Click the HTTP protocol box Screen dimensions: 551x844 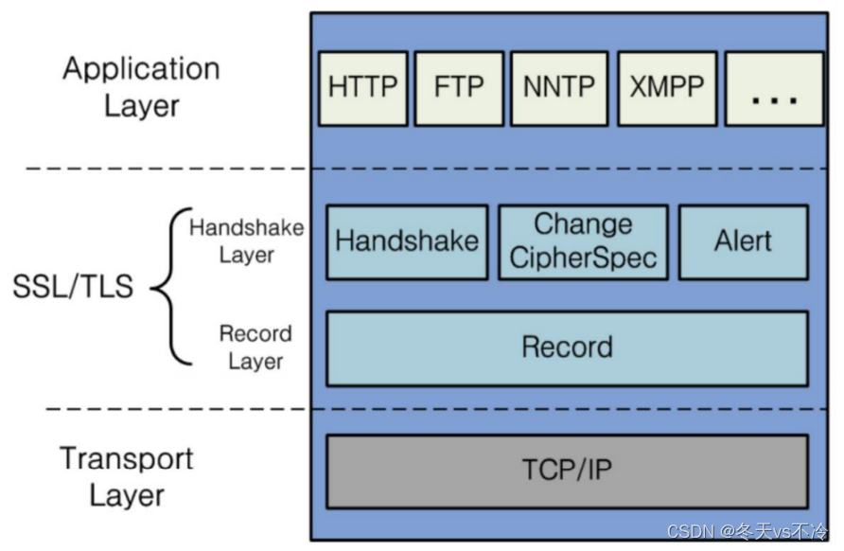(362, 88)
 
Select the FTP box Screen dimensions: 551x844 (459, 88)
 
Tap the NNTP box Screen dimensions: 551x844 (558, 88)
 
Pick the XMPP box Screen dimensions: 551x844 (666, 88)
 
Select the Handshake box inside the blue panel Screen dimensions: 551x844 (407, 241)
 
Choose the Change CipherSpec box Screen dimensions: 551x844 (583, 241)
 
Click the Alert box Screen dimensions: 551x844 (743, 241)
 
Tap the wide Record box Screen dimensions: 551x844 (567, 347)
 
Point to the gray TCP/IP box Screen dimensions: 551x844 (567, 471)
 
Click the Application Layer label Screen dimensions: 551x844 (141, 86)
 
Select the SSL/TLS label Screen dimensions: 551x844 (73, 287)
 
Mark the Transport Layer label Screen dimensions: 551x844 (127, 476)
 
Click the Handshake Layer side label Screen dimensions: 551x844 (246, 240)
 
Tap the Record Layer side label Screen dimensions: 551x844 (255, 347)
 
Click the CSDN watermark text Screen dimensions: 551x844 (747, 532)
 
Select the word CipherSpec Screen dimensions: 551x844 (583, 258)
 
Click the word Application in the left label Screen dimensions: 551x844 (141, 69)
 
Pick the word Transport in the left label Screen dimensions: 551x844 (127, 459)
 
